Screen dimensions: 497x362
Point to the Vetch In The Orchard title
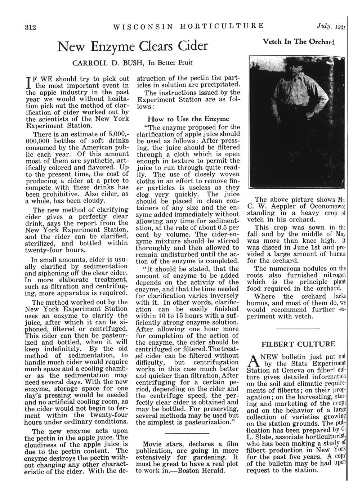tap(305, 41)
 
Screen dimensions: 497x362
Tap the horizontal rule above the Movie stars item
tap(188, 433)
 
